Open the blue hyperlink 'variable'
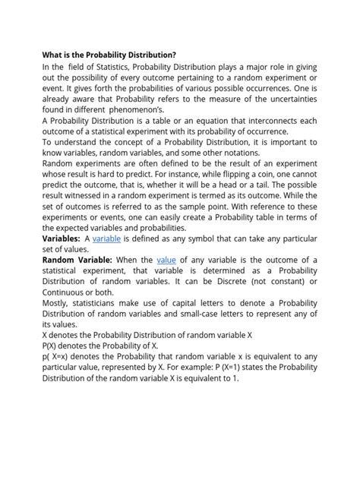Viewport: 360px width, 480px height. [106, 238]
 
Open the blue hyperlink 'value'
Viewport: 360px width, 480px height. [166, 260]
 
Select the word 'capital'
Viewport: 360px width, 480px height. [193, 303]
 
